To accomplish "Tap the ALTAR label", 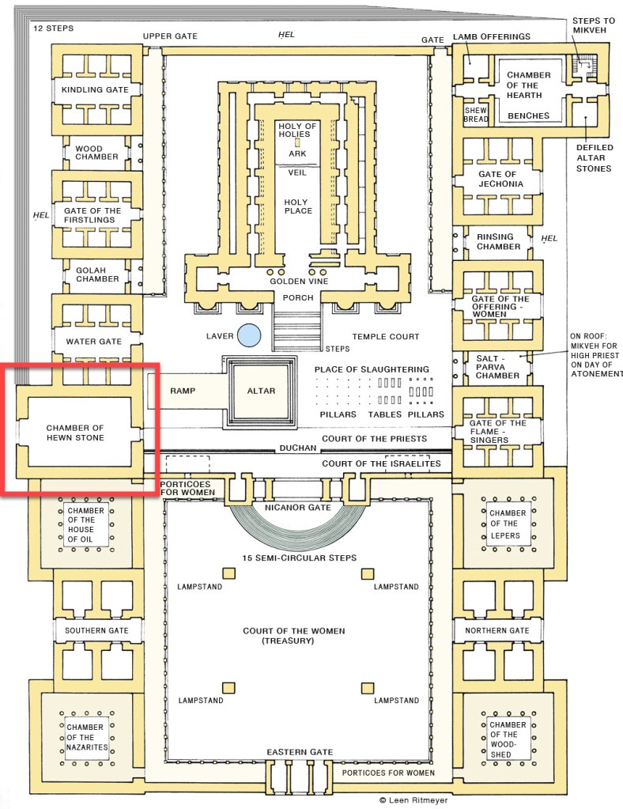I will (x=261, y=391).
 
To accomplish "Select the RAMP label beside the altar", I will (x=183, y=391).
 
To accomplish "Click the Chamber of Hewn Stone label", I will (x=75, y=433).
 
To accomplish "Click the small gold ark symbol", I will (x=298, y=143).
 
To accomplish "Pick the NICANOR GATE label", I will (x=299, y=506).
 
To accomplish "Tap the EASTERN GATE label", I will (x=300, y=751).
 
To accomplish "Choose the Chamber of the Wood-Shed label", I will (x=508, y=739).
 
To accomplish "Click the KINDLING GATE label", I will (x=95, y=89).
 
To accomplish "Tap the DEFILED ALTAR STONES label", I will (x=594, y=157).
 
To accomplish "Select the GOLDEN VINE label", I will (x=298, y=281).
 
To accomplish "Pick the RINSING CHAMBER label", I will (x=495, y=241).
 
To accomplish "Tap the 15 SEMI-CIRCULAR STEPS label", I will (x=300, y=558).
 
